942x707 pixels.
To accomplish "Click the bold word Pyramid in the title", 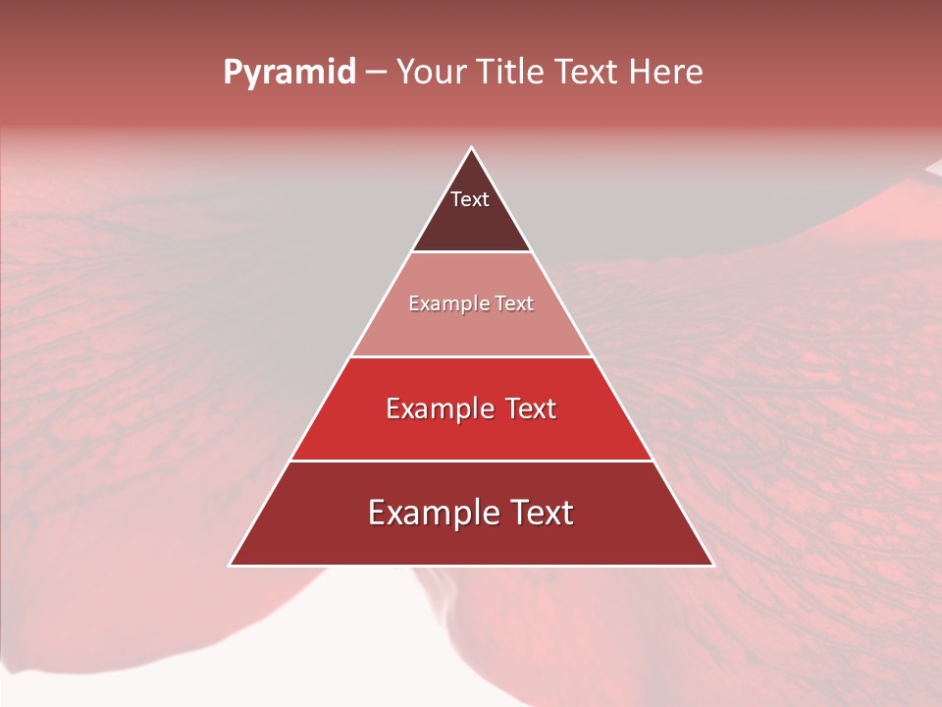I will (x=289, y=73).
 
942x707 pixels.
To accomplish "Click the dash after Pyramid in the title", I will (x=376, y=73).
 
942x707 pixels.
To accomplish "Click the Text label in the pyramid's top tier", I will (x=470, y=199).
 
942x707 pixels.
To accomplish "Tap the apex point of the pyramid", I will (x=472, y=148).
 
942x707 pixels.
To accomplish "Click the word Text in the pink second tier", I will (x=515, y=304).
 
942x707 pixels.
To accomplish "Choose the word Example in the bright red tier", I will (x=433, y=408).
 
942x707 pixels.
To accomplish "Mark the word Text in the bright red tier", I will (x=531, y=408).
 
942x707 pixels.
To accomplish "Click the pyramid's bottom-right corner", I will (x=712, y=565).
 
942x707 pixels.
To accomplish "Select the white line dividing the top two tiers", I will (x=472, y=252).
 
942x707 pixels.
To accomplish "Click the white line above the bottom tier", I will (x=472, y=461).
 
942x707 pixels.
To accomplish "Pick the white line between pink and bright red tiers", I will (x=472, y=356).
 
